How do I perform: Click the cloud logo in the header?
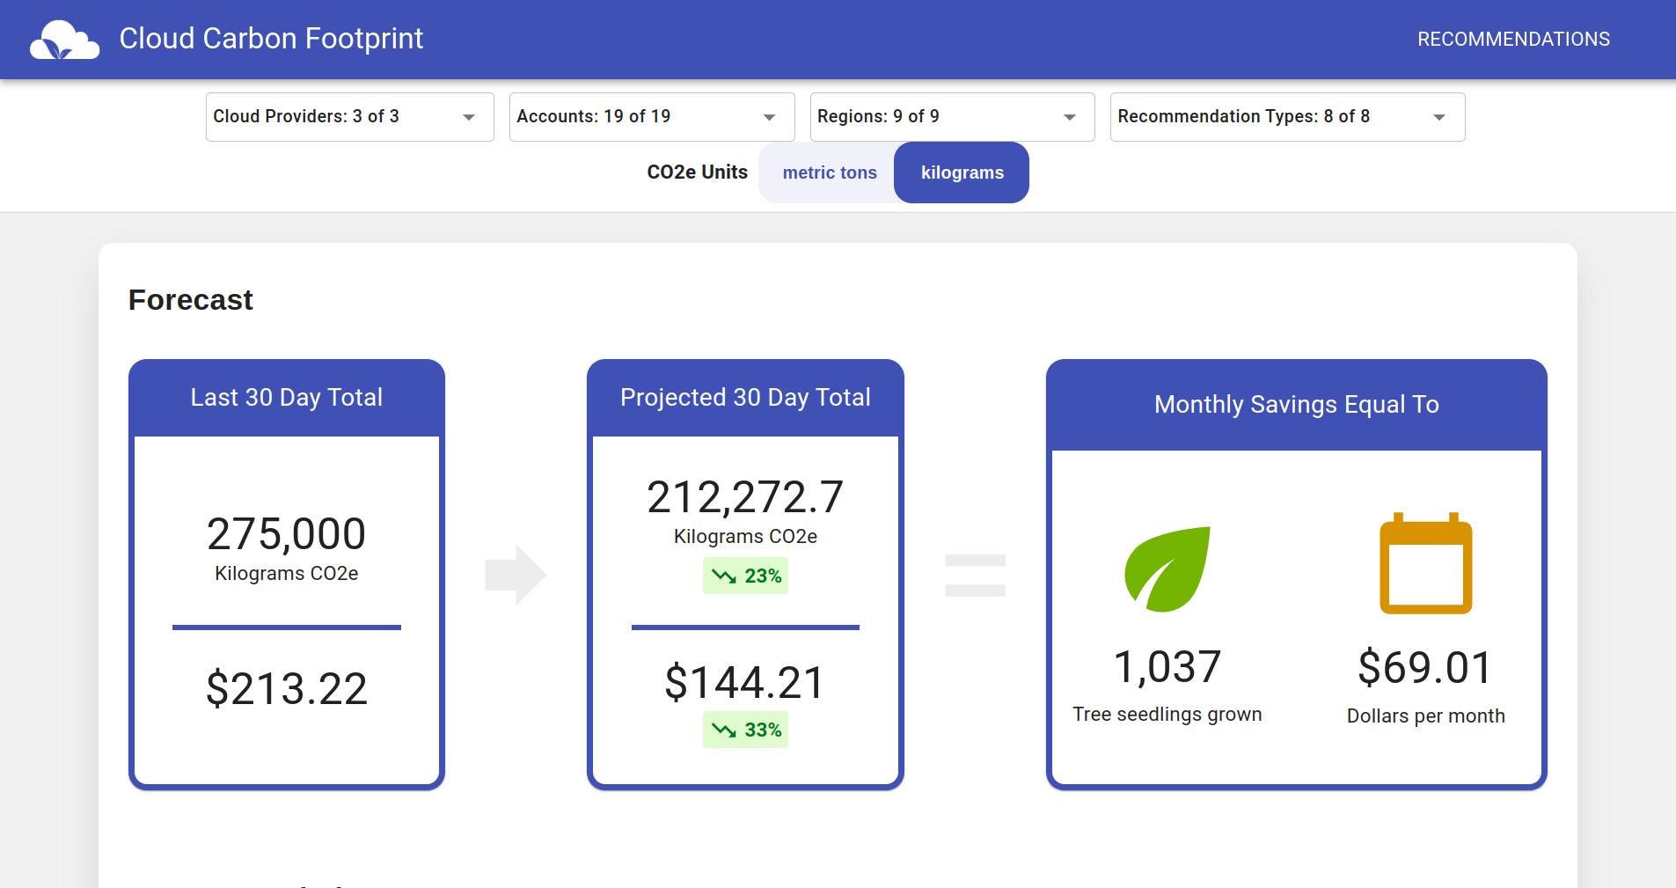pyautogui.click(x=64, y=40)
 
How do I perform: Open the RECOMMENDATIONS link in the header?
pyautogui.click(x=1513, y=40)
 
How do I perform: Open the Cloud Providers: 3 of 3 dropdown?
pyautogui.click(x=349, y=116)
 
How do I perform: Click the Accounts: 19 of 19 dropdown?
pyautogui.click(x=651, y=116)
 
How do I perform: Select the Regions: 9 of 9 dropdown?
pyautogui.click(x=952, y=116)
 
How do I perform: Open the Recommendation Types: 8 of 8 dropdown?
pyautogui.click(x=1287, y=116)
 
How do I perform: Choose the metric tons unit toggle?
pyautogui.click(x=829, y=172)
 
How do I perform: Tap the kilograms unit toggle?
pyautogui.click(x=962, y=172)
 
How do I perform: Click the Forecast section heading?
pyautogui.click(x=190, y=300)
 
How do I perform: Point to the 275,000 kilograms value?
pyautogui.click(x=286, y=534)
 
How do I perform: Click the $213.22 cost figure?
pyautogui.click(x=286, y=688)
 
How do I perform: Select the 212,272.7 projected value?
pyautogui.click(x=745, y=497)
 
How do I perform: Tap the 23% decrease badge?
pyautogui.click(x=745, y=576)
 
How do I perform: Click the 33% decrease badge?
pyautogui.click(x=745, y=730)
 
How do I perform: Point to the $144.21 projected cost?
pyautogui.click(x=745, y=682)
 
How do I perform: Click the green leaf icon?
pyautogui.click(x=1167, y=569)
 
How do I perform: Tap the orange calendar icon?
pyautogui.click(x=1425, y=565)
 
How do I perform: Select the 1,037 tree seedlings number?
pyautogui.click(x=1167, y=666)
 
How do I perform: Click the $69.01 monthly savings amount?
pyautogui.click(x=1425, y=667)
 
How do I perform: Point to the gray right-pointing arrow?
pyautogui.click(x=516, y=575)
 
